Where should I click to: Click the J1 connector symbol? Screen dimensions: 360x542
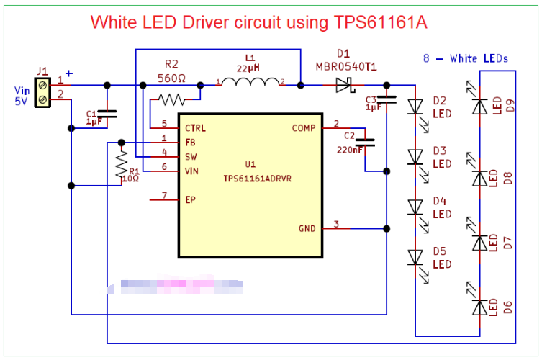[x=42, y=91]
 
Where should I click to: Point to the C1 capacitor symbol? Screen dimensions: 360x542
[x=107, y=114]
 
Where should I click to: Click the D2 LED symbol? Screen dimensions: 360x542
[x=415, y=107]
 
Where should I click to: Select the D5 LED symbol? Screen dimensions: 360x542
[x=415, y=257]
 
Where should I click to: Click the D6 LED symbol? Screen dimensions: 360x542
[x=480, y=307]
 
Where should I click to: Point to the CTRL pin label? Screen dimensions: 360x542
[x=195, y=128]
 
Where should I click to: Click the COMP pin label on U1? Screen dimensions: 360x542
[x=304, y=128]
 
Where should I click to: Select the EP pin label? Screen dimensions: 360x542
[x=190, y=199]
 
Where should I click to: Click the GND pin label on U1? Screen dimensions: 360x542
[x=307, y=229]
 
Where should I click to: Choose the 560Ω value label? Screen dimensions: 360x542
[x=171, y=78]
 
